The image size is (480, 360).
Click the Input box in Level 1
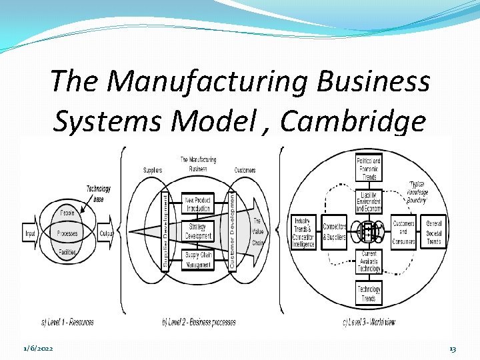click(x=30, y=234)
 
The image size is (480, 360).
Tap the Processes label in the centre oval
click(x=68, y=234)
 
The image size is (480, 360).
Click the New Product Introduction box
click(x=198, y=205)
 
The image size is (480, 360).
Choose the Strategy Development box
click(x=198, y=231)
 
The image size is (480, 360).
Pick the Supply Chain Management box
click(x=198, y=259)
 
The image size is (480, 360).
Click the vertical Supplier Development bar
click(x=166, y=231)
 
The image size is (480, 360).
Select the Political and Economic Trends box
click(x=368, y=169)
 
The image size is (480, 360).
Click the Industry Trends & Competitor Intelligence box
click(x=304, y=233)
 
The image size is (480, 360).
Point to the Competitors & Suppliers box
click(x=333, y=233)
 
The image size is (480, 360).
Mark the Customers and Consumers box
click(x=404, y=233)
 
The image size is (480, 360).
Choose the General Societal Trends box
click(x=434, y=233)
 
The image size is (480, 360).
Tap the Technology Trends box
click(x=369, y=293)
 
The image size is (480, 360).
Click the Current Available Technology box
click(x=369, y=262)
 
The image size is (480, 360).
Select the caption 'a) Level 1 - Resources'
click(x=67, y=322)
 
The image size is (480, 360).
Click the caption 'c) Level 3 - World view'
click(x=369, y=322)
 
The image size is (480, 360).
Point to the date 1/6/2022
click(x=39, y=349)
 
